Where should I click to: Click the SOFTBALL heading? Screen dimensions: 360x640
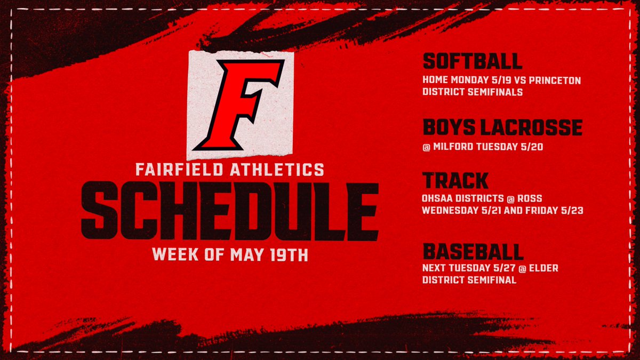click(472, 61)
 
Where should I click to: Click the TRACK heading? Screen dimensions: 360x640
click(455, 180)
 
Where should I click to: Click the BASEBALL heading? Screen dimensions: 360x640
click(473, 250)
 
